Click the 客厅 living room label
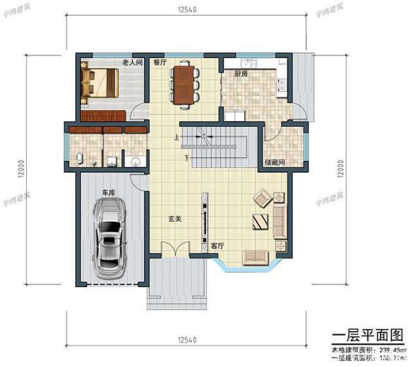(218, 246)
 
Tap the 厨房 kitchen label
(241, 74)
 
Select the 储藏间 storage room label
(274, 162)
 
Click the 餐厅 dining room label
(160, 63)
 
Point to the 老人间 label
(133, 63)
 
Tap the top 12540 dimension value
(187, 10)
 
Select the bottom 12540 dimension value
(187, 340)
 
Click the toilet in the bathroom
(79, 158)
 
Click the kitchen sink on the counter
(247, 64)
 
